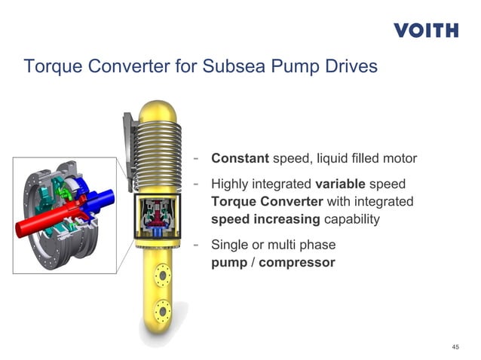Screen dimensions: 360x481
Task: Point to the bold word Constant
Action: tap(240, 159)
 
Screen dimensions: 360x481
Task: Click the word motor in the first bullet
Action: tap(399, 159)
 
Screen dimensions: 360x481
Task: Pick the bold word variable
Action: tap(340, 184)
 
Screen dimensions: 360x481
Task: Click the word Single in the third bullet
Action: tap(229, 245)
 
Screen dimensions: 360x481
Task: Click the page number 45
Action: tap(455, 346)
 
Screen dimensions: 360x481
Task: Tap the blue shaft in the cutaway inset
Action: tap(102, 197)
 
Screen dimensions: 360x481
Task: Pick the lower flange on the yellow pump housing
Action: tap(163, 309)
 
